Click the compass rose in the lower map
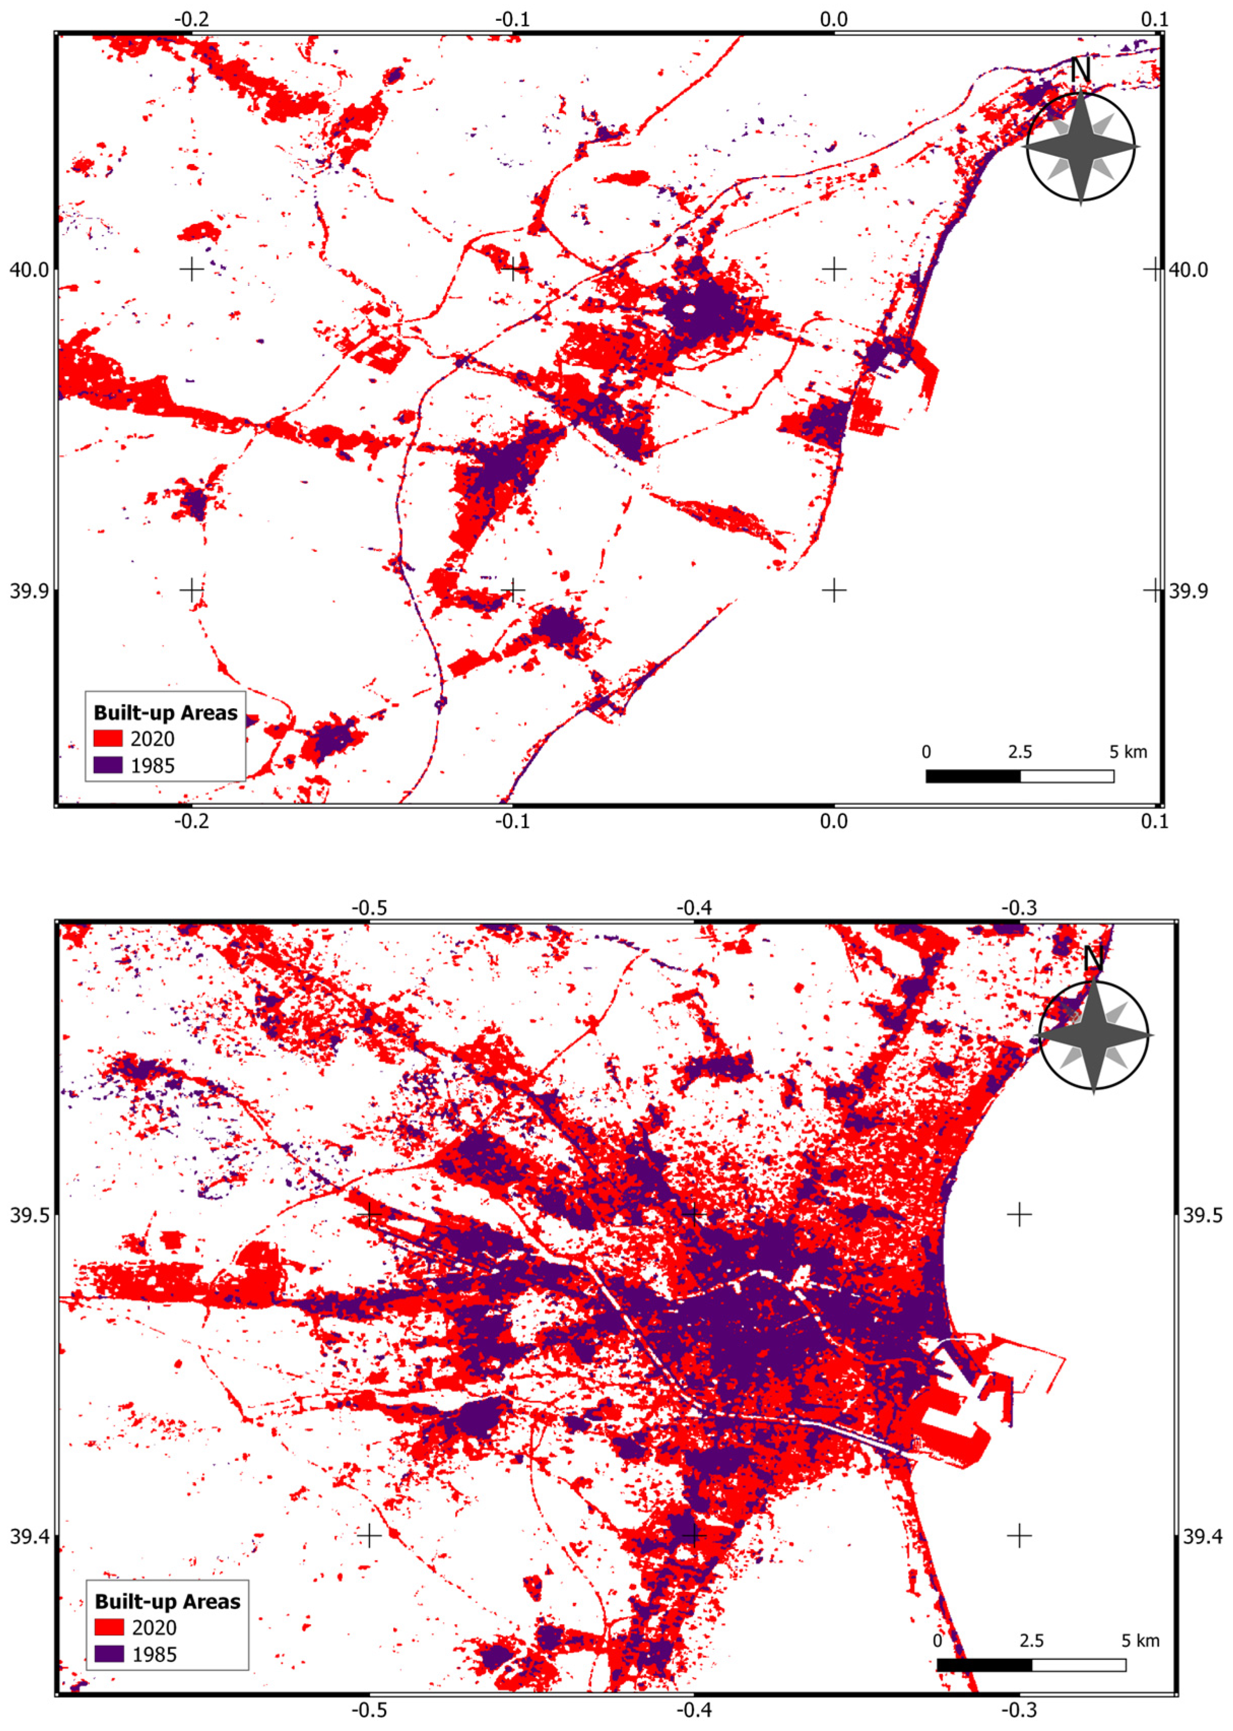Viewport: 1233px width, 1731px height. [x=1093, y=1036]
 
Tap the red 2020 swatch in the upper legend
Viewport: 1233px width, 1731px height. [x=108, y=739]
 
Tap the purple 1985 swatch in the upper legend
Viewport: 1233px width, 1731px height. [x=108, y=765]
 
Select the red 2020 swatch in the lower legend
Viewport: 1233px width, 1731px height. [x=109, y=1627]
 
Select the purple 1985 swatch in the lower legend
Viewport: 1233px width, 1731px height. [x=109, y=1653]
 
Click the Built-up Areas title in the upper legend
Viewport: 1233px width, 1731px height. [x=165, y=713]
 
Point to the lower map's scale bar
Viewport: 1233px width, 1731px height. [x=1030, y=1664]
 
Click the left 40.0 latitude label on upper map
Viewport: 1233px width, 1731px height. [x=28, y=270]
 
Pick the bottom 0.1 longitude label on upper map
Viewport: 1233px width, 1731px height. [x=1154, y=821]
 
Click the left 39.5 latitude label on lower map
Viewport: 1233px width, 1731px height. [x=28, y=1215]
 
